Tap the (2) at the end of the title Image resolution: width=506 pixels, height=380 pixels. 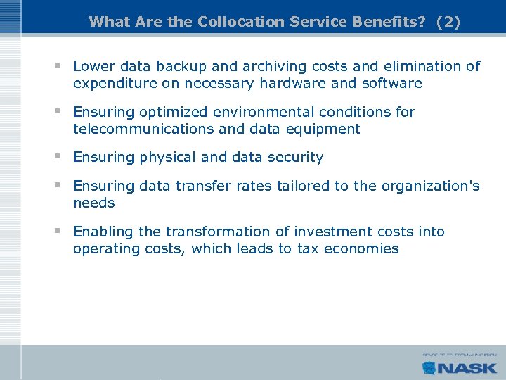[448, 22]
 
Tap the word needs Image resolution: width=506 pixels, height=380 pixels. [93, 203]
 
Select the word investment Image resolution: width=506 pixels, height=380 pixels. [337, 232]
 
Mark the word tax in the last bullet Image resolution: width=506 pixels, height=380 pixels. [309, 248]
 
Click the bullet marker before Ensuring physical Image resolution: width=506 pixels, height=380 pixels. [59, 157]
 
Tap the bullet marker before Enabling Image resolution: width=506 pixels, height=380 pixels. [59, 232]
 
